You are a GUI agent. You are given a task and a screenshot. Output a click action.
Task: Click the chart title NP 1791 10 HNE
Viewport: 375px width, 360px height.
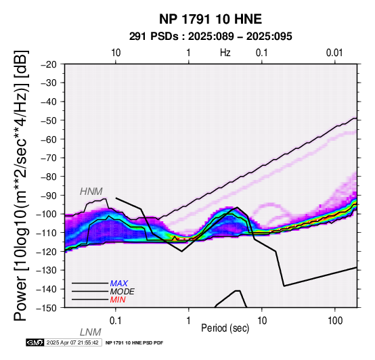[x=211, y=19]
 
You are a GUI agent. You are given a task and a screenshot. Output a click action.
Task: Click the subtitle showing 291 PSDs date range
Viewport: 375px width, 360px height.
[x=211, y=37]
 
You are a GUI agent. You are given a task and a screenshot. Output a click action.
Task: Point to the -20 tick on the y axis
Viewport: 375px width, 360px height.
[x=49, y=64]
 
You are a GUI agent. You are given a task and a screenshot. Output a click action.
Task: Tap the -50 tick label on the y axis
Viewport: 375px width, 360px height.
[x=49, y=120]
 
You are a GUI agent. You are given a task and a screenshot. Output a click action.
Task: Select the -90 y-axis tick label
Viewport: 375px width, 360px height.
[x=49, y=196]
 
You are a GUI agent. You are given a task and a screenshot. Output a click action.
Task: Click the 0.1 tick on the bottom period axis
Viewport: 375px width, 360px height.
[x=116, y=321]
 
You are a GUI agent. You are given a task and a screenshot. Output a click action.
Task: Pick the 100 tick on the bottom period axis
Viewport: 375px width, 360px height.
[x=335, y=321]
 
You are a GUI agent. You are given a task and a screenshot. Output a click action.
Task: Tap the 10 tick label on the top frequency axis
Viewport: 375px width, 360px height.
[x=116, y=53]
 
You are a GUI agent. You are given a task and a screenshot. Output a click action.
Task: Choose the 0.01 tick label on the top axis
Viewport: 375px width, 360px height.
[x=334, y=53]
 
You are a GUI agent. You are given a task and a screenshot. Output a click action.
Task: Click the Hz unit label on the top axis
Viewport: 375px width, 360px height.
[x=225, y=53]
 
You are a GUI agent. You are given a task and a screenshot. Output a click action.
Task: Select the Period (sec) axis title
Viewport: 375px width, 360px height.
[x=225, y=328]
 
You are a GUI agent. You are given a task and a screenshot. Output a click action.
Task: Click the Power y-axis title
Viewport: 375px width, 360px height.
[x=21, y=185]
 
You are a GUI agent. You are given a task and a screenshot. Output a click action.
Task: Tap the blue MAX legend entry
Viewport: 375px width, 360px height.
[x=119, y=284]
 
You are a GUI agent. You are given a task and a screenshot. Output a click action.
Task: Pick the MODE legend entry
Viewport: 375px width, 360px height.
[x=123, y=292]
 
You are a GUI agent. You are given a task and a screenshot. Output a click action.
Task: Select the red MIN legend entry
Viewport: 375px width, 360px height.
[x=118, y=300]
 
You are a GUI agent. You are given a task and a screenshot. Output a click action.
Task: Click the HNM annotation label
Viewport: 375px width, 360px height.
[x=91, y=192]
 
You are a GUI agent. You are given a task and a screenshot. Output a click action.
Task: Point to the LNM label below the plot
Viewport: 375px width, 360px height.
[x=91, y=332]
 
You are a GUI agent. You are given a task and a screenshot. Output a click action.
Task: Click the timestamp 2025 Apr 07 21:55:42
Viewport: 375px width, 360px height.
[x=72, y=343]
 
